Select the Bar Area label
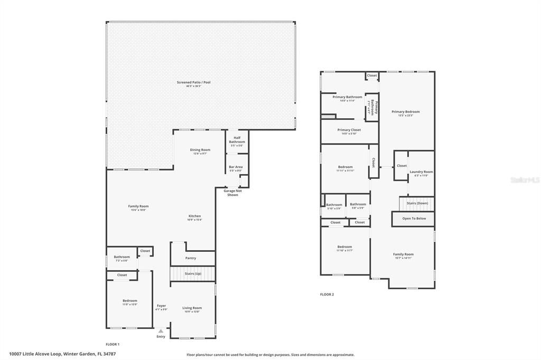tap(236, 168)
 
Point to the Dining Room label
tap(200, 150)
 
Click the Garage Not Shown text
tap(232, 193)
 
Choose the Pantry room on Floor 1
tap(191, 258)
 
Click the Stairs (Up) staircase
tap(193, 274)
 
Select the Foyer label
tap(161, 306)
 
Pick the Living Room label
tap(192, 308)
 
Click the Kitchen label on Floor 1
tap(194, 216)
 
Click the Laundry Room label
tap(421, 172)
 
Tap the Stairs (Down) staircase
tap(417, 203)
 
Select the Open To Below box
tap(413, 219)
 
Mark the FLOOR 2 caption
tap(327, 295)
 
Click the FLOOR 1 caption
tap(113, 344)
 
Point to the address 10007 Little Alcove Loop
tap(62, 354)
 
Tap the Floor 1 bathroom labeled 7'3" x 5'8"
tap(122, 258)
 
